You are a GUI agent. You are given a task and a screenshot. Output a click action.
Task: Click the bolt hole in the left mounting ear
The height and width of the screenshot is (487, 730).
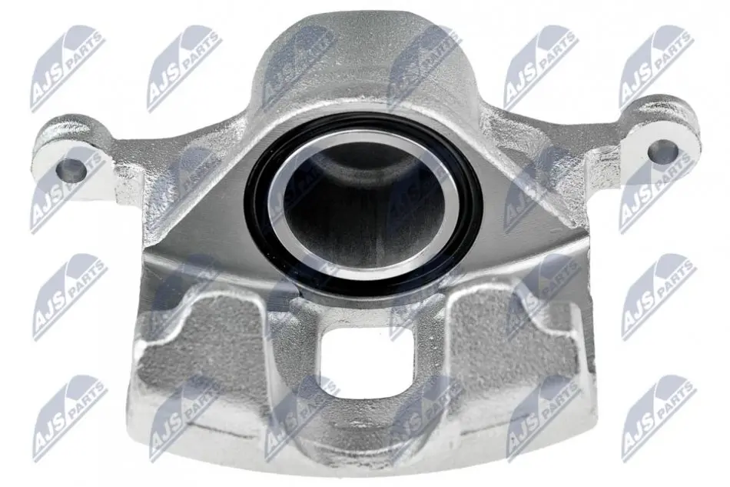[71, 170]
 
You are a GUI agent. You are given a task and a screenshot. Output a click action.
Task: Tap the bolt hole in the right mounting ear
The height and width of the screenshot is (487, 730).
[663, 151]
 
